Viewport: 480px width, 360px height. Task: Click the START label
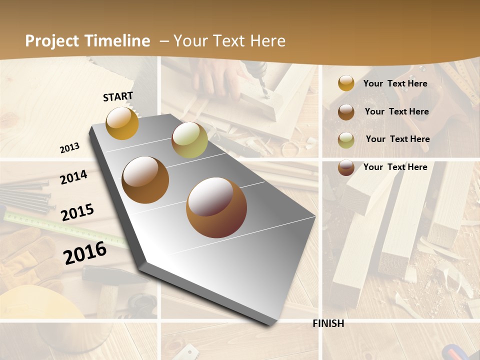118,96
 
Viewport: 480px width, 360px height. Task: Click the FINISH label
328,323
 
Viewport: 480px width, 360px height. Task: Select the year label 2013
69,148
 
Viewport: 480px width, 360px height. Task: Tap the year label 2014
73,177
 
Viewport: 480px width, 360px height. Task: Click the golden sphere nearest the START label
122,123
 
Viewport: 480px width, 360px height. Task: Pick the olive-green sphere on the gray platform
189,140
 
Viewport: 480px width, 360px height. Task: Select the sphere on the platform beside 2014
145,180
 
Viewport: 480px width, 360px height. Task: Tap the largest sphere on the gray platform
216,207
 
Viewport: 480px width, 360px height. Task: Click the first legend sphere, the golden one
346,83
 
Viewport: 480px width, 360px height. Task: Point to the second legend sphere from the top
346,111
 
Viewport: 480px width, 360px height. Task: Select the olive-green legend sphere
346,139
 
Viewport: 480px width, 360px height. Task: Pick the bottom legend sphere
346,167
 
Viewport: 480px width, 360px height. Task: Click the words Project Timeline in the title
87,41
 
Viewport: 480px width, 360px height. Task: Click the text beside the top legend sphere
395,83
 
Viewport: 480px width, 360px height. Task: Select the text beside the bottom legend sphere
395,167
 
